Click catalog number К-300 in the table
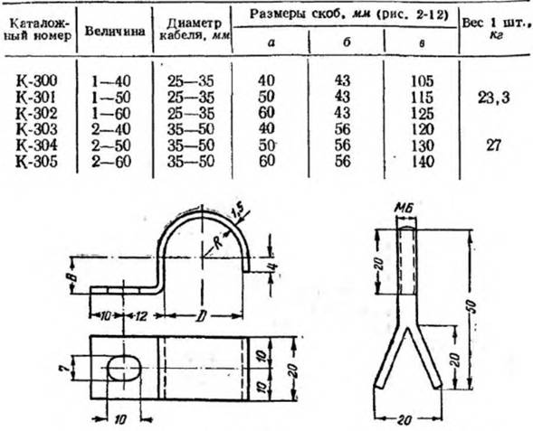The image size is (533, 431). click(37, 80)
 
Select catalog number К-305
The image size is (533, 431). click(37, 162)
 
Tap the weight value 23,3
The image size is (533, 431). click(493, 98)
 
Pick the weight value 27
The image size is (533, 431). click(493, 145)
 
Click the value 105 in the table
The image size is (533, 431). click(423, 81)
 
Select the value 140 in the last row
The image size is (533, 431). click(423, 162)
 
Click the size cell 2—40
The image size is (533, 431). click(110, 129)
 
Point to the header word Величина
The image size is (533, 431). click(115, 32)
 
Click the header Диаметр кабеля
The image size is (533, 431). click(195, 30)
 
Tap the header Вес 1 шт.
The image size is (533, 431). click(496, 23)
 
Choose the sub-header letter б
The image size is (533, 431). click(347, 42)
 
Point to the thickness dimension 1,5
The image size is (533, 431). click(237, 213)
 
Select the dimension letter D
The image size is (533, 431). click(202, 316)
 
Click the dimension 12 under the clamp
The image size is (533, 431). click(140, 316)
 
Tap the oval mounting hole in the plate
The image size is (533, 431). click(124, 369)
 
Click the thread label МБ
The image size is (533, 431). click(405, 209)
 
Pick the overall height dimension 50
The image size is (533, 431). click(473, 307)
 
